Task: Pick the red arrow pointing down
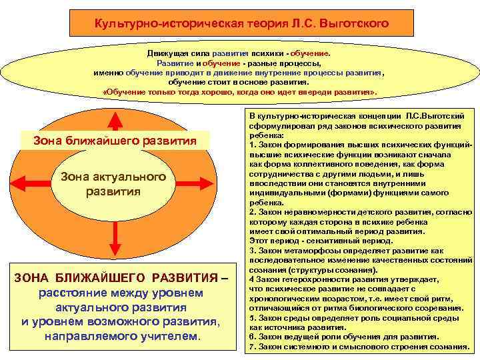[x=115, y=245]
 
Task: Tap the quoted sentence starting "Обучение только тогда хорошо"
[x=239, y=91]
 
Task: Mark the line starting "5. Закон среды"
[x=350, y=318]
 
